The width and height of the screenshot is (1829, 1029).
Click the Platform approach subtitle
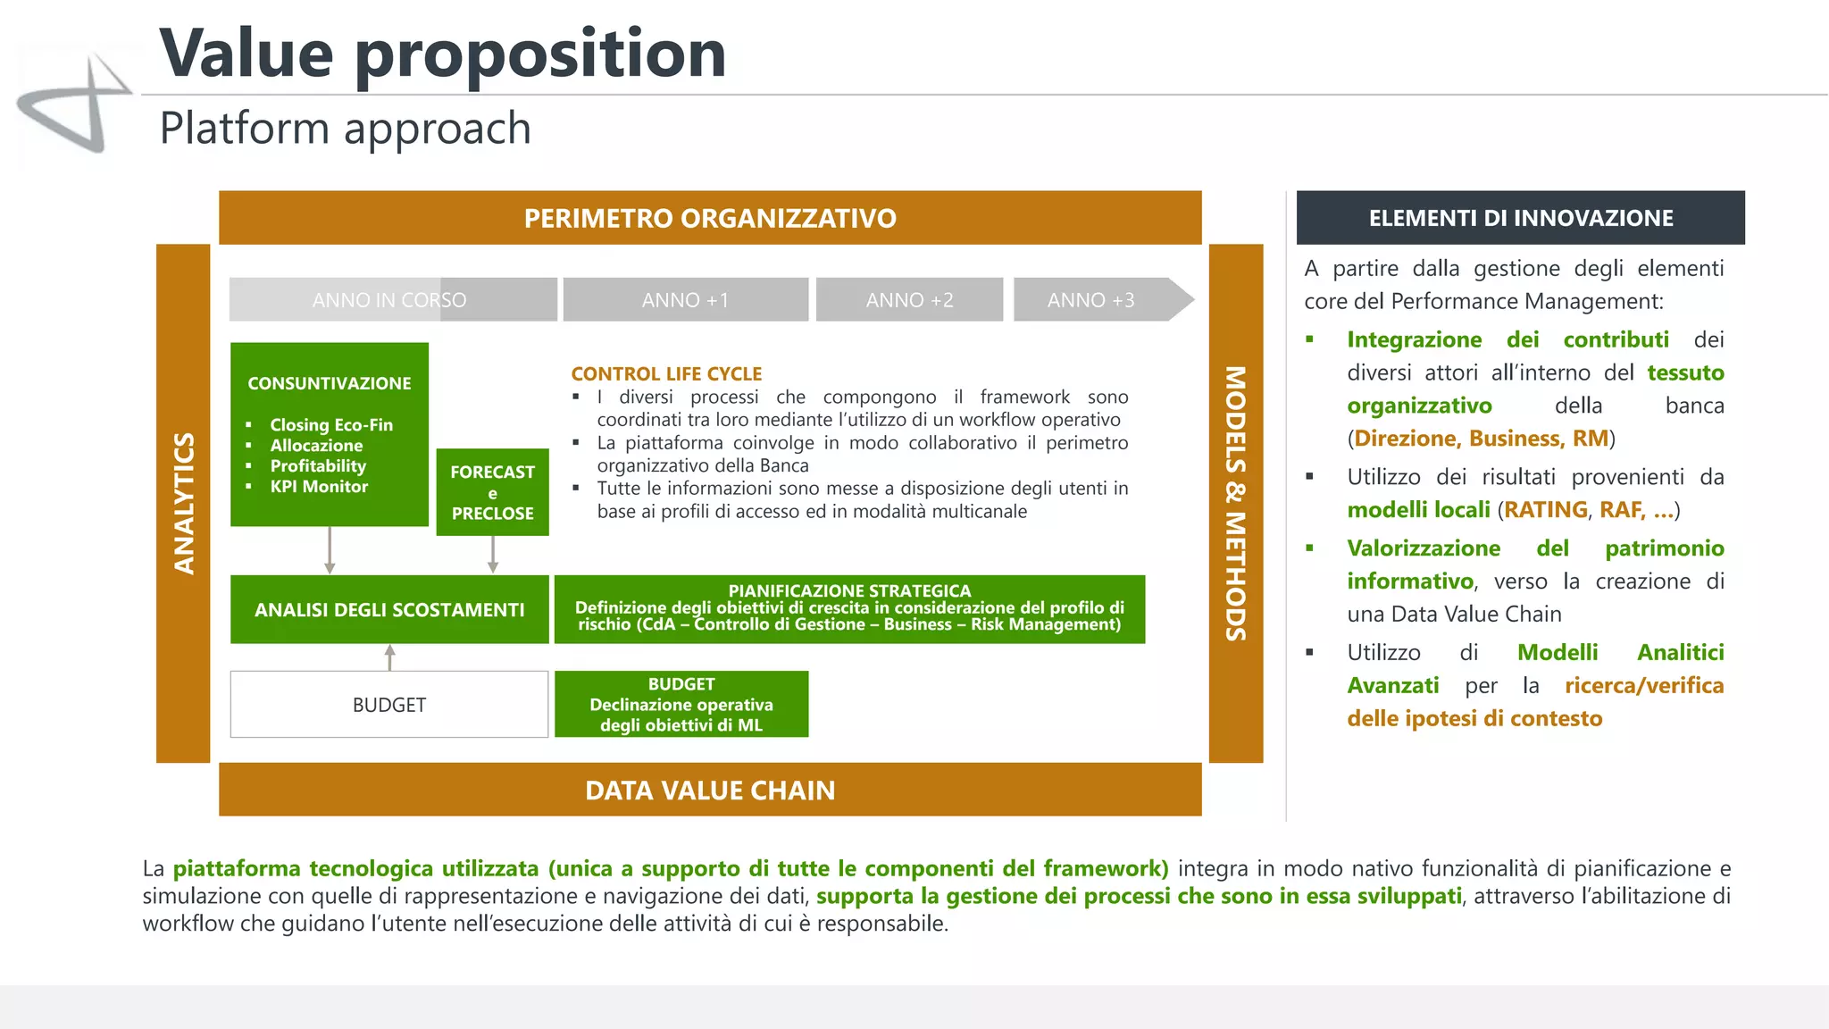click(x=345, y=128)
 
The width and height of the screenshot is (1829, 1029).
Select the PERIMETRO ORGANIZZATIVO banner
click(x=710, y=218)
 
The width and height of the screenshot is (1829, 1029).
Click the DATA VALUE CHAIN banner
click(x=710, y=791)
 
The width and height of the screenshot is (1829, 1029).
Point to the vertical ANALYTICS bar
click(x=183, y=503)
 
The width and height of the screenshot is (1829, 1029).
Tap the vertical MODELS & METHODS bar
click(x=1235, y=503)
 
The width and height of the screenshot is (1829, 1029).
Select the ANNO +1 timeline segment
click(x=685, y=300)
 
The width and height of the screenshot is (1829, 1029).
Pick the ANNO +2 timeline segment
click(x=909, y=300)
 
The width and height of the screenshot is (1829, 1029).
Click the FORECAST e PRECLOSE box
click(x=492, y=492)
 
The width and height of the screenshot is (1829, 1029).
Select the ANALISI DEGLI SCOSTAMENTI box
click(x=389, y=610)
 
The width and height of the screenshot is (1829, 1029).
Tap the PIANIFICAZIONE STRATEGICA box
click(x=849, y=609)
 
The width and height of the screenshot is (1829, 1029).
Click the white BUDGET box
click(x=389, y=705)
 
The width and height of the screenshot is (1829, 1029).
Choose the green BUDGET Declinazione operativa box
click(x=681, y=705)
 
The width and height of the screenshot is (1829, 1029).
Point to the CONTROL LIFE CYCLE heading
click(x=666, y=374)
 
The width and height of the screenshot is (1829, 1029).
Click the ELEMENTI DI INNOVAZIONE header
click(x=1520, y=218)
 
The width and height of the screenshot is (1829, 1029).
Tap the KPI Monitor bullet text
click(x=319, y=487)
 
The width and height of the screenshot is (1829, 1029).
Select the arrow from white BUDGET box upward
click(x=389, y=657)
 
